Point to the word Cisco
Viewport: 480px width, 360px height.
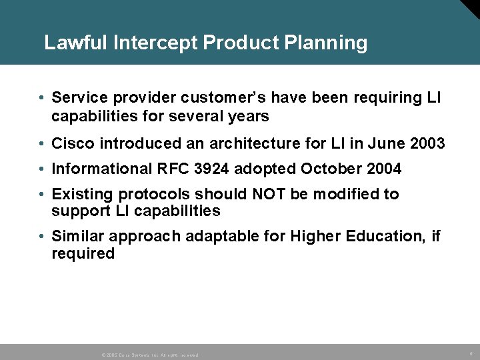point(71,143)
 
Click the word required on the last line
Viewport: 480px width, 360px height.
point(83,254)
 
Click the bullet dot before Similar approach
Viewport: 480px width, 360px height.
point(41,237)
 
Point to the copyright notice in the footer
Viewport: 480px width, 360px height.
point(150,355)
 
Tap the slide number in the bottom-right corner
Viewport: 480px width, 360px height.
point(471,353)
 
